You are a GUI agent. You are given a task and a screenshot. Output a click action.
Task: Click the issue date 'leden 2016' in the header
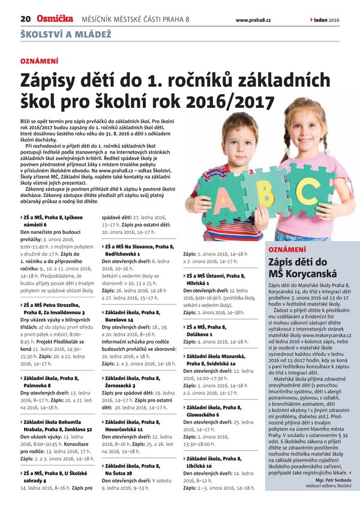pyautogui.click(x=327, y=20)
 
